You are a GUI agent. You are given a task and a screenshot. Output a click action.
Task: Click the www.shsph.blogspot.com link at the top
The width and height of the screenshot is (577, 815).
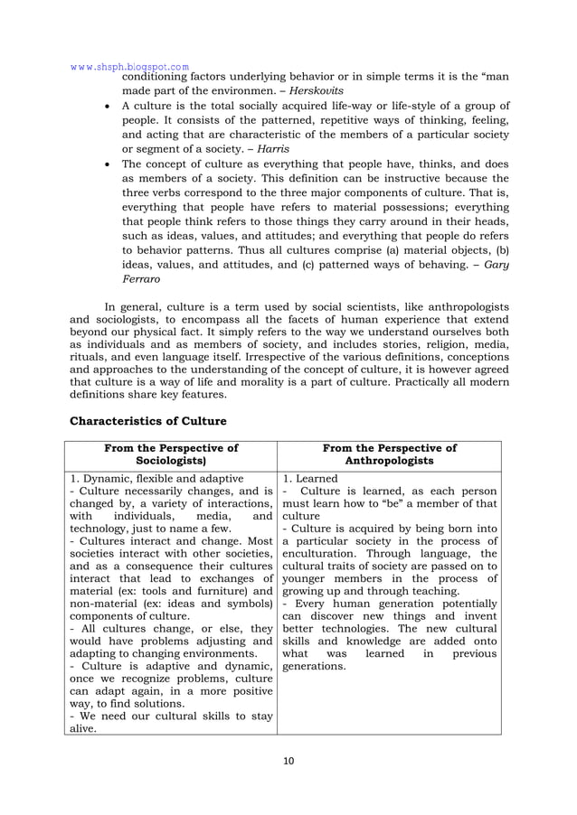pos(129,66)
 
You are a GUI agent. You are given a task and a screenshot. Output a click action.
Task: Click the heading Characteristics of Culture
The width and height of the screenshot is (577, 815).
pos(147,420)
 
